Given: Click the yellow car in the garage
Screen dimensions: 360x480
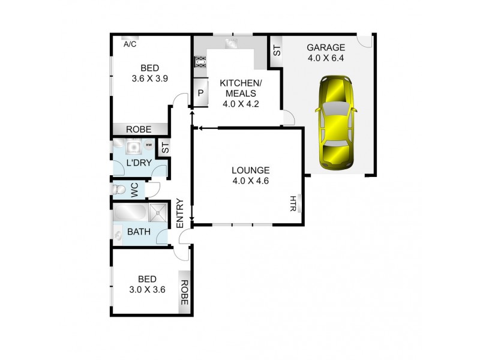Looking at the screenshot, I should point(337,122).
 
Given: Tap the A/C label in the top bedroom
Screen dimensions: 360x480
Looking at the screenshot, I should point(130,44).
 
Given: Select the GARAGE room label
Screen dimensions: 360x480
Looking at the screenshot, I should point(326,48).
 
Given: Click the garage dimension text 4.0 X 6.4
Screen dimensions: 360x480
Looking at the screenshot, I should point(326,59).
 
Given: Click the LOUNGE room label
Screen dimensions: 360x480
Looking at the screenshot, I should point(250,170).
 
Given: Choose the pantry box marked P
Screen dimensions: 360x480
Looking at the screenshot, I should point(200,94).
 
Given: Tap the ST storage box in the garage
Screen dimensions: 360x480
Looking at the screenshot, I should point(277,51).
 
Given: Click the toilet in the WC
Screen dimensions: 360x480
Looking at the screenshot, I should point(119,190).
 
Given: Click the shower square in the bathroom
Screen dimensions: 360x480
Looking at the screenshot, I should point(159,212).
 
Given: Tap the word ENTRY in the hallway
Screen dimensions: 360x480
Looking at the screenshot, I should point(179,213).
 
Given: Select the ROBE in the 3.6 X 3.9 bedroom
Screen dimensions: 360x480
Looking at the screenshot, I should point(138,129).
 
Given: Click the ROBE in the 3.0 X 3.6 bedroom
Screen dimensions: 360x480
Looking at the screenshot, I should point(185,293).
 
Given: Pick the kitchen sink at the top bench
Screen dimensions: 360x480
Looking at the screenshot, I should point(230,43).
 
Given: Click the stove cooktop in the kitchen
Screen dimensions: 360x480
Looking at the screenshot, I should point(200,62).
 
